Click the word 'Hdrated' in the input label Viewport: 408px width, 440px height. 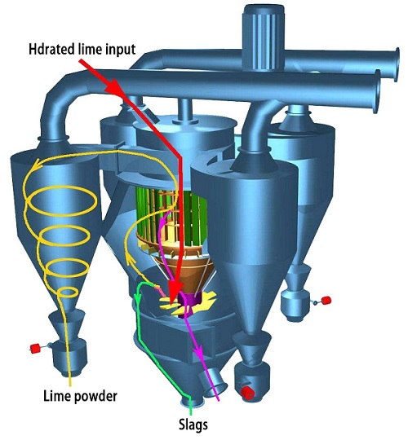pos(51,50)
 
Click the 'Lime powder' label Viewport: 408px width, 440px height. pos(80,397)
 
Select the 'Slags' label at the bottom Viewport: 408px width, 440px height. pos(193,425)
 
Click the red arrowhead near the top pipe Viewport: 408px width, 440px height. pos(113,86)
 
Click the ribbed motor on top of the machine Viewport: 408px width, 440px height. pos(264,37)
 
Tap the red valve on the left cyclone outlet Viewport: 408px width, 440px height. pos(35,349)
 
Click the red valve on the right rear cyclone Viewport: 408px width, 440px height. pos(326,300)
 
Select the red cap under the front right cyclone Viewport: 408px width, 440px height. pos(248,393)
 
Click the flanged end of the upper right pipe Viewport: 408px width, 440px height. pos(397,64)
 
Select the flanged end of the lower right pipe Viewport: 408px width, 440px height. pos(376,91)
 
